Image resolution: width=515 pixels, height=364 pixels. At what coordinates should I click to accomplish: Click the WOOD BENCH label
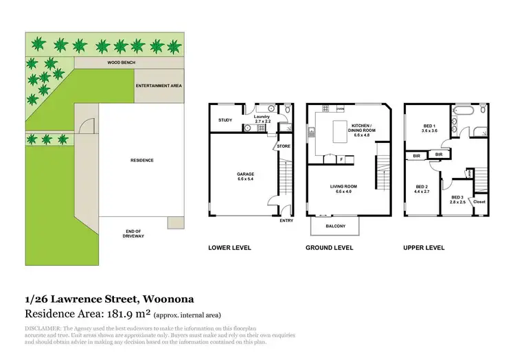coord(121,62)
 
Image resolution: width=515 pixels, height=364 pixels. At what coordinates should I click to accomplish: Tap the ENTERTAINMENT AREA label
coord(158,86)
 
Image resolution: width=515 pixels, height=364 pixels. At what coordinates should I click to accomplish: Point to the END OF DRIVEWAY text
coord(134,234)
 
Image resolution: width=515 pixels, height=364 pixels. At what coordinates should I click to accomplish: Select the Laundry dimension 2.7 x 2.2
coord(263,121)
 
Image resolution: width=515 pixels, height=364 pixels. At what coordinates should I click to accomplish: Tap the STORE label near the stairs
coord(284,146)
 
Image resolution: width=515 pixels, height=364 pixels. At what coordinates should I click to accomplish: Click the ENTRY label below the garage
coord(286,220)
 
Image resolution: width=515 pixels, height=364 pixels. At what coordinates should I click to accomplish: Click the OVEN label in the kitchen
coord(340,109)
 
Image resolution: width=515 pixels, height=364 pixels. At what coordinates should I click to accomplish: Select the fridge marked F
coord(341,159)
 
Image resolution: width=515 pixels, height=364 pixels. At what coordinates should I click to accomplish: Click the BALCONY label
coord(336,226)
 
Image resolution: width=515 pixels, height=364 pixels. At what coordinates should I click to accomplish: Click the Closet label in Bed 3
coord(479,202)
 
